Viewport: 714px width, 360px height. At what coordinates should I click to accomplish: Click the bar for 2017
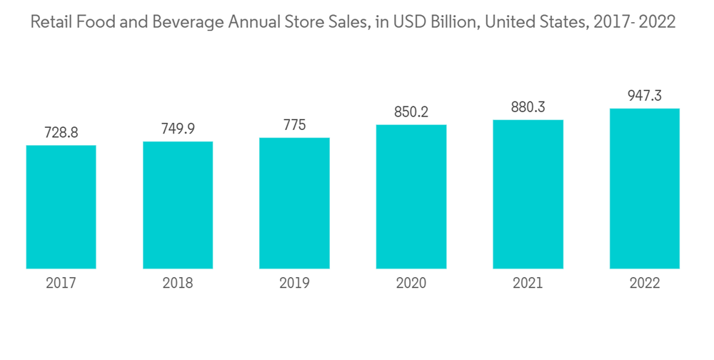pos(61,207)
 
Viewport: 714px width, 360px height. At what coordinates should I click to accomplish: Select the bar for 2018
pos(178,205)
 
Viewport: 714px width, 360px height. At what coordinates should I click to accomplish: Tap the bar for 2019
pos(294,203)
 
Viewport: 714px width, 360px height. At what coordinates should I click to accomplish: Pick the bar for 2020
pos(411,196)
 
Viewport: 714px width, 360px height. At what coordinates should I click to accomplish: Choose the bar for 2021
pos(528,194)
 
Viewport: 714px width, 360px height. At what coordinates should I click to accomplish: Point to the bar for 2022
pos(644,189)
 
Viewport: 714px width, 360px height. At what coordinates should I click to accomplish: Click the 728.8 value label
pos(61,133)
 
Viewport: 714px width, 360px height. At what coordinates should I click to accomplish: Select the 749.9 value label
pos(178,129)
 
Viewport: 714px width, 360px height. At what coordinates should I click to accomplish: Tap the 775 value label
pos(294,125)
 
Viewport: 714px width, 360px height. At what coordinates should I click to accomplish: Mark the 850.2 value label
pos(411,112)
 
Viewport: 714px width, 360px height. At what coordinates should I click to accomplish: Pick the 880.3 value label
pos(528,107)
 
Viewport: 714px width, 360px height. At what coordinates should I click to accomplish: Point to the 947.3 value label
pos(644,96)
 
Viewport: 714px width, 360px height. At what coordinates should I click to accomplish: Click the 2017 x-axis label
pos(61,284)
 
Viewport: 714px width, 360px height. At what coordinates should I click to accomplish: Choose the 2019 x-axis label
pos(294,284)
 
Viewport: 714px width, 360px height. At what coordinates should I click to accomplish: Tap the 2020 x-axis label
pos(411,284)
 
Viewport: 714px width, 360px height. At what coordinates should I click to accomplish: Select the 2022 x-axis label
pos(644,284)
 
